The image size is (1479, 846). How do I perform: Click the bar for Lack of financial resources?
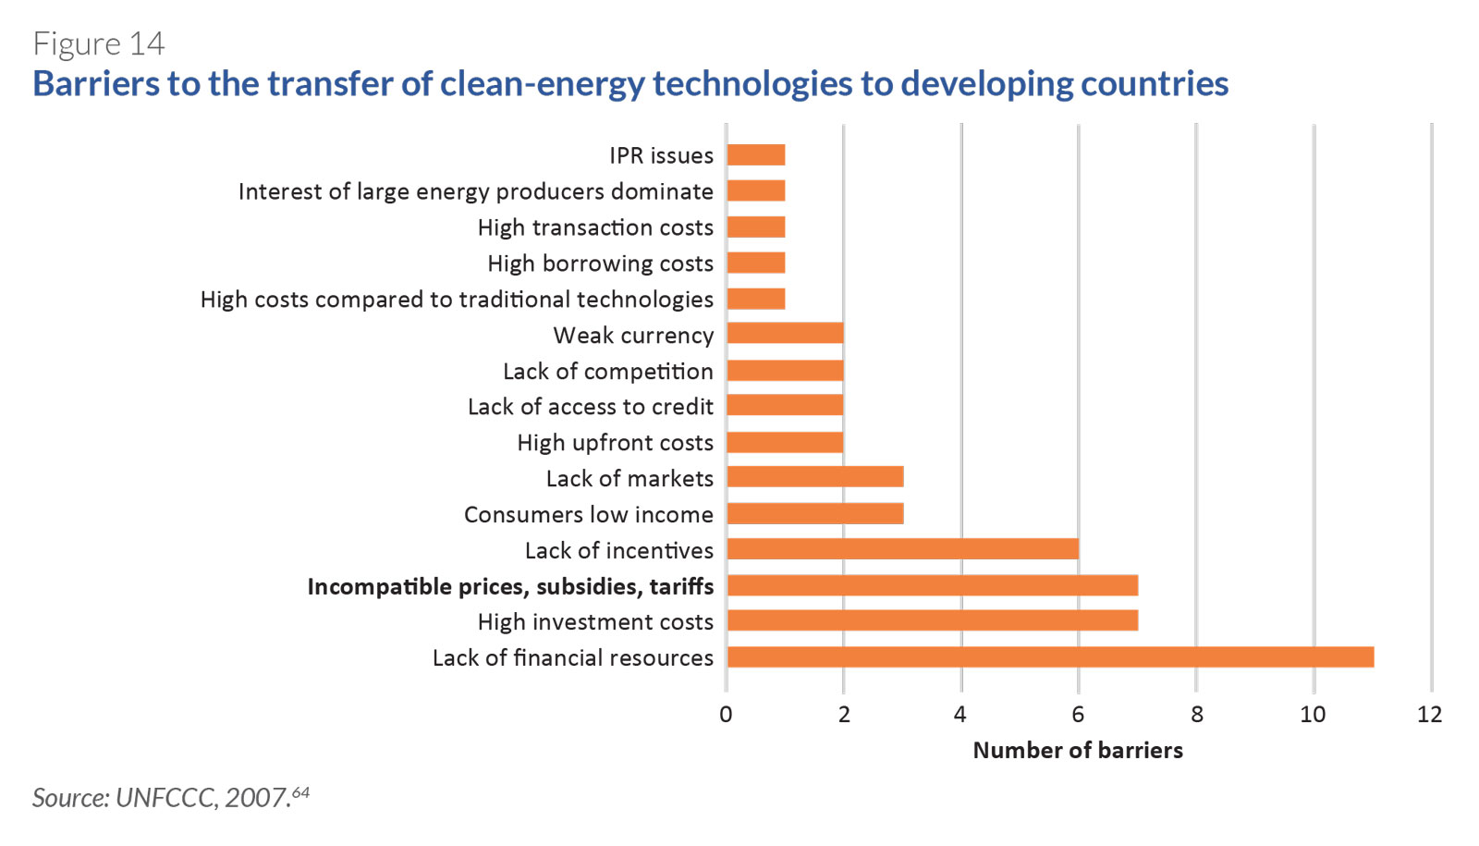(x=1050, y=657)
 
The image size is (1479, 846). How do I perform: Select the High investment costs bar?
(x=933, y=620)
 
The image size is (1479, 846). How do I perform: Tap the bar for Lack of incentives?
(x=903, y=549)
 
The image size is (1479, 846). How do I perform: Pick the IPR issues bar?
(x=756, y=155)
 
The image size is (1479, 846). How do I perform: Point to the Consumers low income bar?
(x=815, y=514)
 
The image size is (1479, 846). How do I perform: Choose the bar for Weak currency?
(x=786, y=334)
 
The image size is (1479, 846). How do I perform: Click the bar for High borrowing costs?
(x=756, y=263)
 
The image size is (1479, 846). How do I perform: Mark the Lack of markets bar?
(x=815, y=477)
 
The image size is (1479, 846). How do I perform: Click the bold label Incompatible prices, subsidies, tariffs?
(x=510, y=586)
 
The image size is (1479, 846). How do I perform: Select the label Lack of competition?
(x=608, y=371)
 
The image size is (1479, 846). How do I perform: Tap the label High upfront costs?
(x=616, y=443)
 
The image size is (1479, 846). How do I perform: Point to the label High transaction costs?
(x=595, y=227)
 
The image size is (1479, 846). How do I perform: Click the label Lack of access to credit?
(x=591, y=407)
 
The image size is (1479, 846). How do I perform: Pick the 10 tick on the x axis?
(x=1313, y=715)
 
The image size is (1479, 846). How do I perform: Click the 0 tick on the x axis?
(x=727, y=715)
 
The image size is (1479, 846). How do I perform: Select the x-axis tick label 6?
(x=1078, y=715)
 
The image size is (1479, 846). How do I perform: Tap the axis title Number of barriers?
(x=1078, y=750)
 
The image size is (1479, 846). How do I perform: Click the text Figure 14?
(x=98, y=43)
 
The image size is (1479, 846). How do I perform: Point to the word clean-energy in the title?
(x=542, y=84)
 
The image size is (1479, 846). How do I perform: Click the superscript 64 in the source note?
(x=300, y=791)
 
